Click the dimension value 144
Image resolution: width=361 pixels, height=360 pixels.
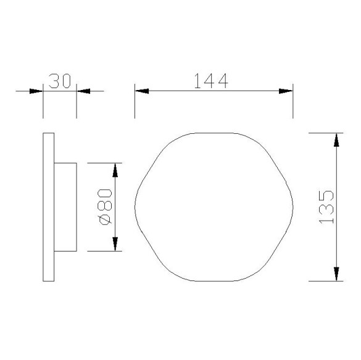coord(212,81)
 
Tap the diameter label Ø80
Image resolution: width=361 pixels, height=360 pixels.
coord(104,207)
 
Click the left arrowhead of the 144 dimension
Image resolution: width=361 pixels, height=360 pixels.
coord(143,91)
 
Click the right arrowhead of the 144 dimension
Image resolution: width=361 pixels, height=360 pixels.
coord(285,91)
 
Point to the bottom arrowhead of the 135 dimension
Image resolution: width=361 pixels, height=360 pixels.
coord(336,273)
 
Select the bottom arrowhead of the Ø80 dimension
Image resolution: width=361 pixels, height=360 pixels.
coord(115,244)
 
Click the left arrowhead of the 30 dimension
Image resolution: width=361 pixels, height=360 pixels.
coord(36,91)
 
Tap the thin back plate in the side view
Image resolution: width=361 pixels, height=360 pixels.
coord(48,207)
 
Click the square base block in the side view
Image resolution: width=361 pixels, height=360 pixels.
coord(65,207)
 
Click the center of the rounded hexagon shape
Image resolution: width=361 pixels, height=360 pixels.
coord(214,207)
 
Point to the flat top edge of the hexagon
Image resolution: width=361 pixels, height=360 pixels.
coord(214,132)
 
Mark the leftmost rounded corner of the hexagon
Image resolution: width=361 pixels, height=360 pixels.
coord(136,207)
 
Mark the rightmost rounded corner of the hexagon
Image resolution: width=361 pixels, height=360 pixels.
coord(291,207)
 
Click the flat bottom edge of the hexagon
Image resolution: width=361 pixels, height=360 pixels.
coord(214,281)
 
